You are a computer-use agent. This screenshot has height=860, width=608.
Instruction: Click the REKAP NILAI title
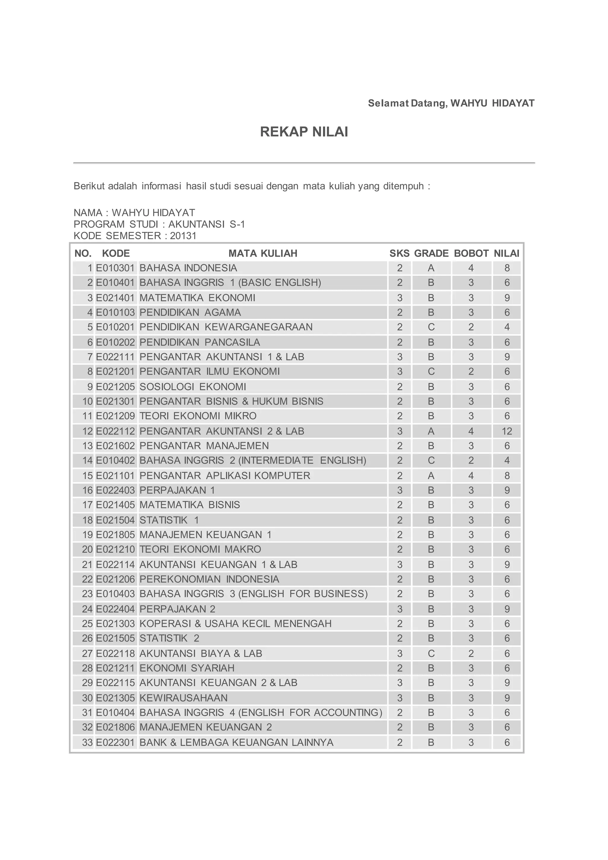[x=304, y=132]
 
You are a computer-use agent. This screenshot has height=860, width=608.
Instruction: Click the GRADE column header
[x=431, y=253]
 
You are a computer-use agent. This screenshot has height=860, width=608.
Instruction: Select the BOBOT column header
[x=471, y=253]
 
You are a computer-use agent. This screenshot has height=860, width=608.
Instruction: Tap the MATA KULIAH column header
[x=263, y=253]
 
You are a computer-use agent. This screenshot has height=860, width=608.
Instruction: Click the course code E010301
[x=115, y=268]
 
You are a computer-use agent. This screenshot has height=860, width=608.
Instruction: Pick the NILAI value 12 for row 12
[x=506, y=431]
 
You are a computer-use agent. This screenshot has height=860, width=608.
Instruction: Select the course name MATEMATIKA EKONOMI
[x=197, y=298]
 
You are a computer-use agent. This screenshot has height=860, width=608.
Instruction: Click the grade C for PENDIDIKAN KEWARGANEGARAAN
[x=431, y=327]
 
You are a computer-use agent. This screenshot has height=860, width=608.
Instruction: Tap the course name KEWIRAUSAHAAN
[x=183, y=698]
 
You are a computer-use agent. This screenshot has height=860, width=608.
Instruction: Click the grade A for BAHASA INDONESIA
[x=431, y=268]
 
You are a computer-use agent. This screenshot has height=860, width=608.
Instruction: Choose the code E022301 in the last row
[x=115, y=742]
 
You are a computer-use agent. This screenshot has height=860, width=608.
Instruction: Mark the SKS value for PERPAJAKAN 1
[x=400, y=490]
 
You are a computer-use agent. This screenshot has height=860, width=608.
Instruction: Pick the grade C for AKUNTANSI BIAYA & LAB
[x=431, y=654]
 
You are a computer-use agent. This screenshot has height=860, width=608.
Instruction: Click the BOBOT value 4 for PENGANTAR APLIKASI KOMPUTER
[x=471, y=476]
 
